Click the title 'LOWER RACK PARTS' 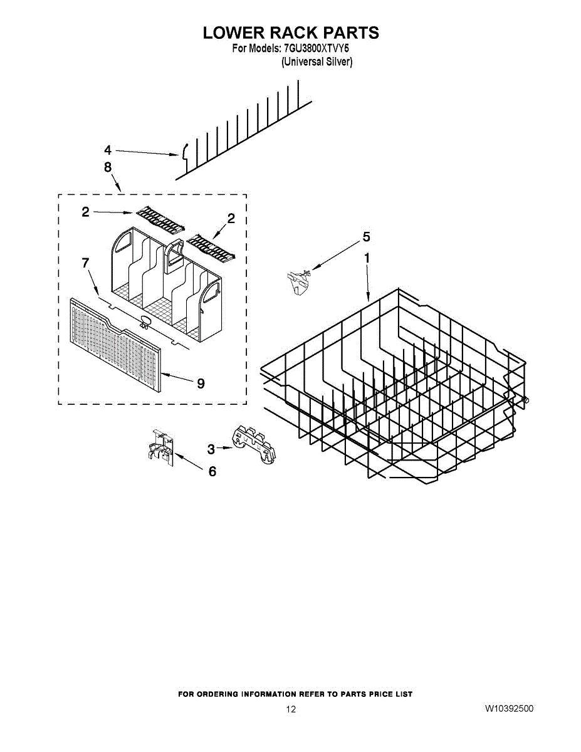point(291,33)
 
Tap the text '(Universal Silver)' point(317,62)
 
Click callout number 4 point(108,150)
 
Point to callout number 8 point(108,167)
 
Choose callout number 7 point(86,264)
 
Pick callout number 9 point(201,384)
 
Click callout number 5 point(366,237)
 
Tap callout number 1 point(367,258)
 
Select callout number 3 point(211,449)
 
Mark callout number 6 point(212,471)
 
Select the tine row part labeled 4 point(244,135)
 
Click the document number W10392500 point(509,709)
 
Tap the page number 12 point(290,709)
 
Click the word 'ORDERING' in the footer point(218,694)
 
